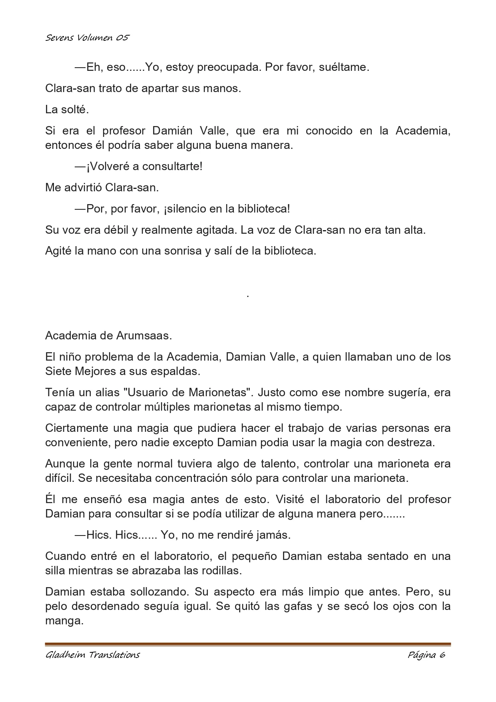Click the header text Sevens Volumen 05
click(87, 38)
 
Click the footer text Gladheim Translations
click(93, 655)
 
